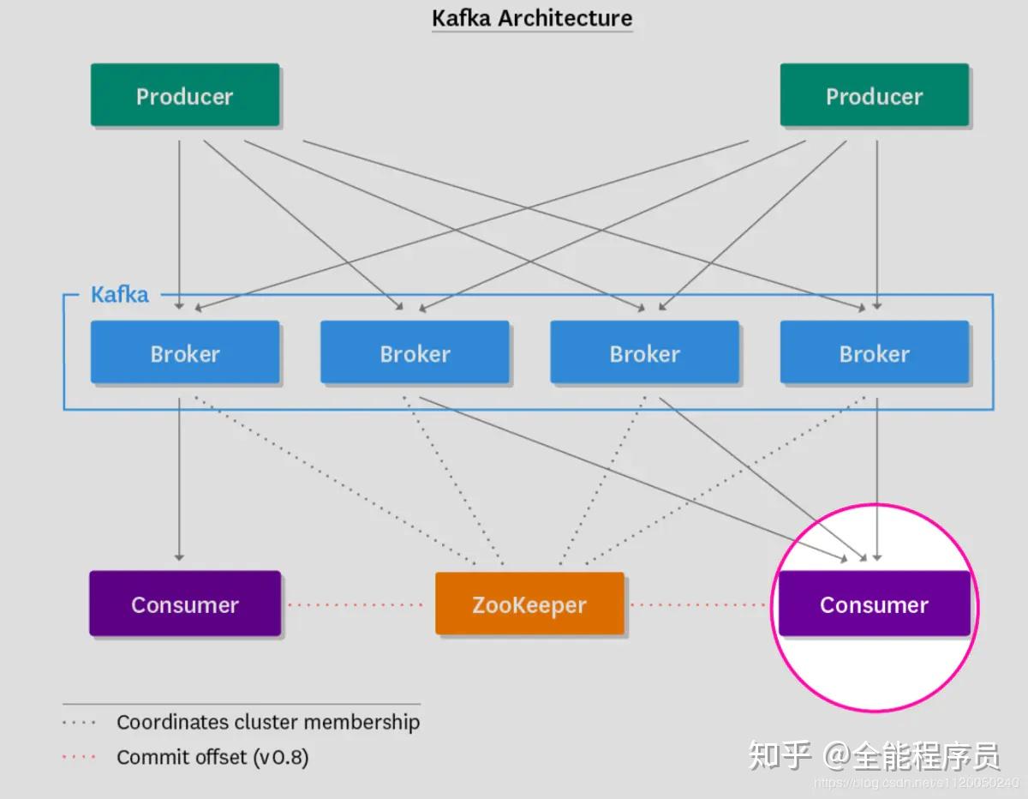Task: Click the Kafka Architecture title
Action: click(531, 18)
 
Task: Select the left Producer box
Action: click(185, 95)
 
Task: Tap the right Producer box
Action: click(874, 95)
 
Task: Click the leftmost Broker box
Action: click(185, 352)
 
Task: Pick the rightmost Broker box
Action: click(874, 352)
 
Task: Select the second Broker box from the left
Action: click(415, 352)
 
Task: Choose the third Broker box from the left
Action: click(644, 352)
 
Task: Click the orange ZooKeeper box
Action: click(529, 604)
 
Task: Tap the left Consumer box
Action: click(185, 604)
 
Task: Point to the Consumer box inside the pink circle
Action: click(874, 604)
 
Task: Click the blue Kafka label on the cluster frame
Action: click(120, 295)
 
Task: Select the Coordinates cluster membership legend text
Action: click(268, 722)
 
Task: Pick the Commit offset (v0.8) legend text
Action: click(212, 757)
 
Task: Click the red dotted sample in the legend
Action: click(79, 757)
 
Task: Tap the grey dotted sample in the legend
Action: click(79, 722)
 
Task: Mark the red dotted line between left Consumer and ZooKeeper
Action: click(356, 605)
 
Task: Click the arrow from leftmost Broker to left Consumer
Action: click(179, 480)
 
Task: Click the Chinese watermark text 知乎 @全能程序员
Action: click(874, 755)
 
